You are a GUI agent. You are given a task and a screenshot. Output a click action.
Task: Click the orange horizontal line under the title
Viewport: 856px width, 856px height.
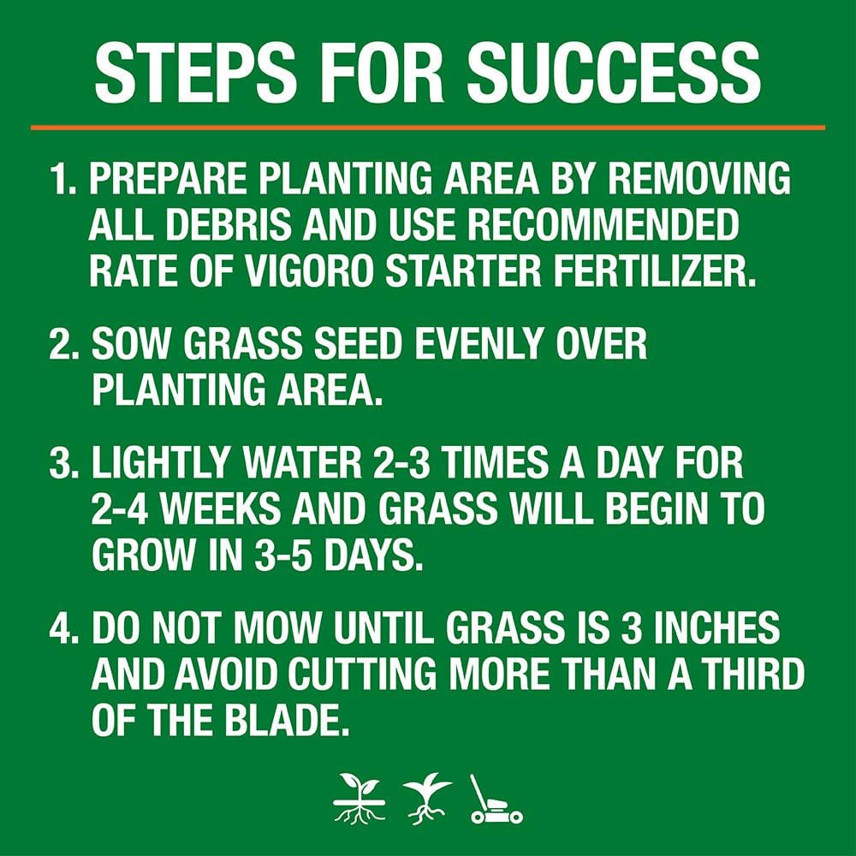tap(428, 128)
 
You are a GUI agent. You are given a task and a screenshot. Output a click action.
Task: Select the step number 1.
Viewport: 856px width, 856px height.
tap(63, 180)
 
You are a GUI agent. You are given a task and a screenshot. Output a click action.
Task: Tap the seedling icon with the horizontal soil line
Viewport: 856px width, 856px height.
tap(360, 799)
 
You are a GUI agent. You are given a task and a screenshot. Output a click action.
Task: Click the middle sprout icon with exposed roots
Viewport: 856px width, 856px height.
tap(427, 799)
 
